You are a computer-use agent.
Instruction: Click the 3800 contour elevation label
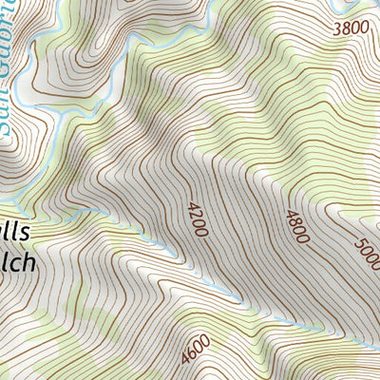pos(349,28)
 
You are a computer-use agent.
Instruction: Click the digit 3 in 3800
pos(337,28)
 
